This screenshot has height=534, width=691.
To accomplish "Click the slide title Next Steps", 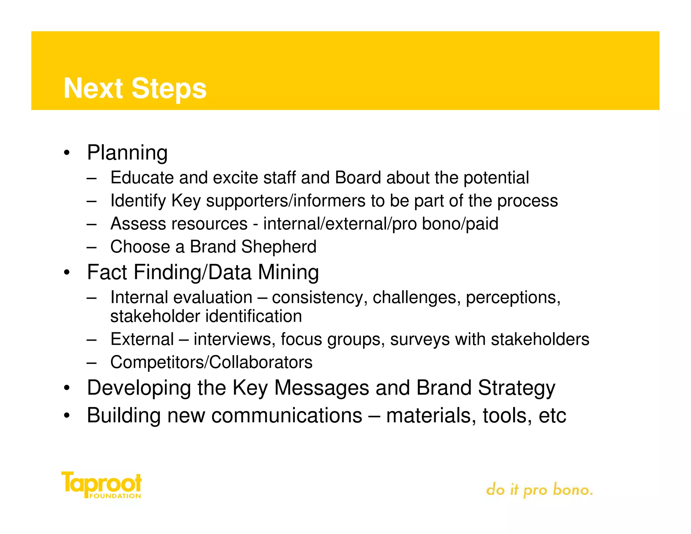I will pyautogui.click(x=135, y=88).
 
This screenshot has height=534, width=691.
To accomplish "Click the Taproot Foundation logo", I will pyautogui.click(x=101, y=485).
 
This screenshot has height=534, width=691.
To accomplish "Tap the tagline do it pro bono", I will pyautogui.click(x=539, y=490).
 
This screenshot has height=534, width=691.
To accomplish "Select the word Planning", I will pyautogui.click(x=127, y=153).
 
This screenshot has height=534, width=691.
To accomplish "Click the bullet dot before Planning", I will pyautogui.click(x=67, y=153).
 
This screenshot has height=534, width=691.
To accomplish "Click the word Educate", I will pyautogui.click(x=142, y=178).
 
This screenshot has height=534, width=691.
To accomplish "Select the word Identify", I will pyautogui.click(x=138, y=201).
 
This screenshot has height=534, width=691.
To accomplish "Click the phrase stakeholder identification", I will pyautogui.click(x=206, y=317).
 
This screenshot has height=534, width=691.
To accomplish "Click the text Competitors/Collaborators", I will pyautogui.click(x=211, y=363).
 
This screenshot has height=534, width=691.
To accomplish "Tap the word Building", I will pyautogui.click(x=123, y=416).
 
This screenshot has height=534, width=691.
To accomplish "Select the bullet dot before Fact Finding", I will pyautogui.click(x=67, y=273).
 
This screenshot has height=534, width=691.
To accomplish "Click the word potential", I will pyautogui.click(x=496, y=178).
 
